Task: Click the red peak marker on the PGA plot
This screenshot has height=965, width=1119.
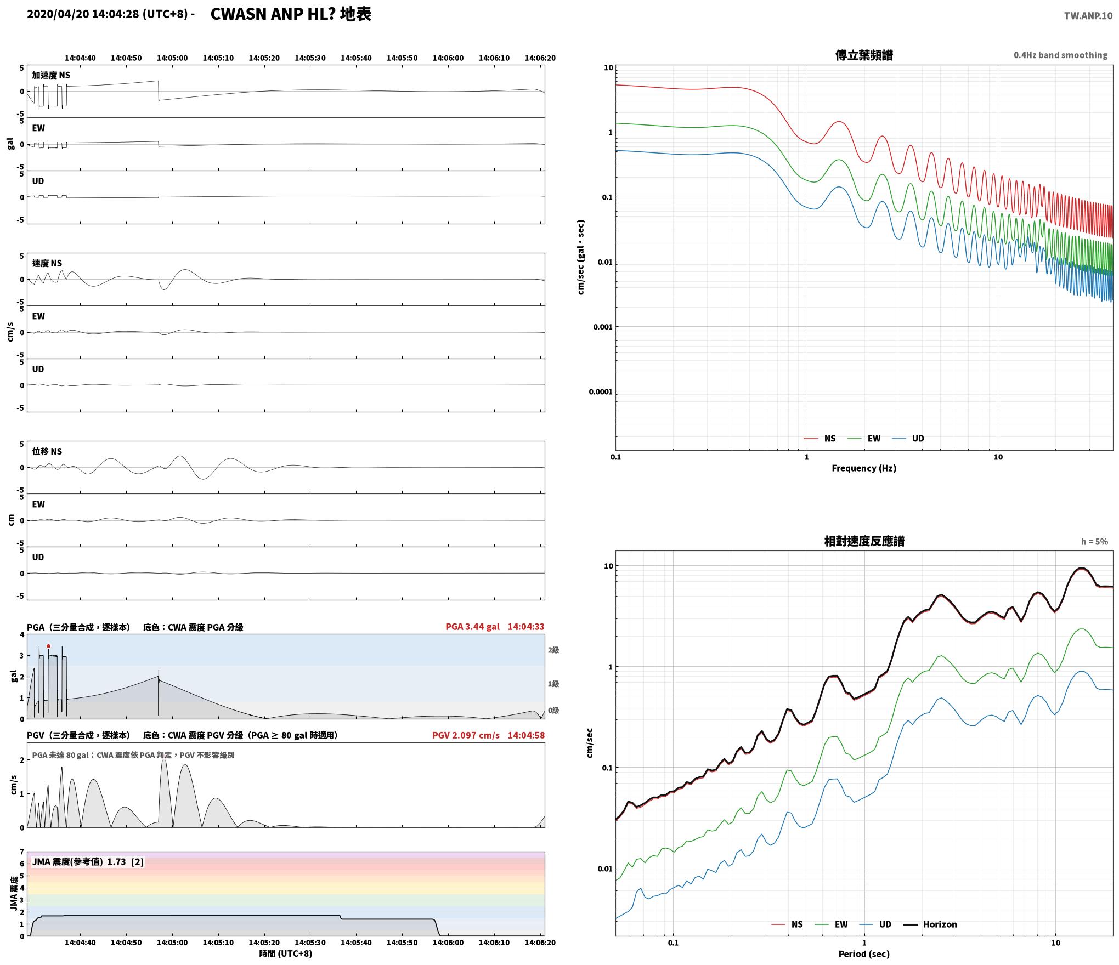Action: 48,646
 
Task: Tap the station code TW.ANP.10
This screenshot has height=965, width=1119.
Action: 1088,16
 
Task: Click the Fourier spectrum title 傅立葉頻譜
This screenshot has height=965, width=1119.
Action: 864,55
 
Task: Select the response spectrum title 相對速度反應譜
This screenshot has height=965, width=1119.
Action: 864,541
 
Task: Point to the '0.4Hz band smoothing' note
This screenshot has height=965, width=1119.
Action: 1060,55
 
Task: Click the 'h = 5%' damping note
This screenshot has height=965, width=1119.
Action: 1094,542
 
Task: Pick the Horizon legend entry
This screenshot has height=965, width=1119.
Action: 930,924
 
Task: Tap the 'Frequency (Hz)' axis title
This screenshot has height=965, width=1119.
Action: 864,468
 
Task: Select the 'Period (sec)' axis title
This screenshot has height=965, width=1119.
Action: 864,954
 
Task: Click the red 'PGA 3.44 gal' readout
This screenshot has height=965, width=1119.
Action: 472,627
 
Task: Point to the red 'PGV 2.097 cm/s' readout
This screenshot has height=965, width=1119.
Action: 466,735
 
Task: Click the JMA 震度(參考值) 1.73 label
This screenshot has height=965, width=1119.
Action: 88,861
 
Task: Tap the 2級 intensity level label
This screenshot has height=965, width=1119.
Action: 553,650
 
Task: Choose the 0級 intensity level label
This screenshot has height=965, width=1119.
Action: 553,710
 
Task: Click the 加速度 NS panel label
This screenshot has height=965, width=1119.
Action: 51,75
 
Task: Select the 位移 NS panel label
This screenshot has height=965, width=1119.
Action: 47,451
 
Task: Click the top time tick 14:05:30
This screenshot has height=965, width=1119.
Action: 310,58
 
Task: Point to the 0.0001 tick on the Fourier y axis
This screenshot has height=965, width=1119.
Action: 601,391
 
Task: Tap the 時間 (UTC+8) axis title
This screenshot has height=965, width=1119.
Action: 286,953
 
